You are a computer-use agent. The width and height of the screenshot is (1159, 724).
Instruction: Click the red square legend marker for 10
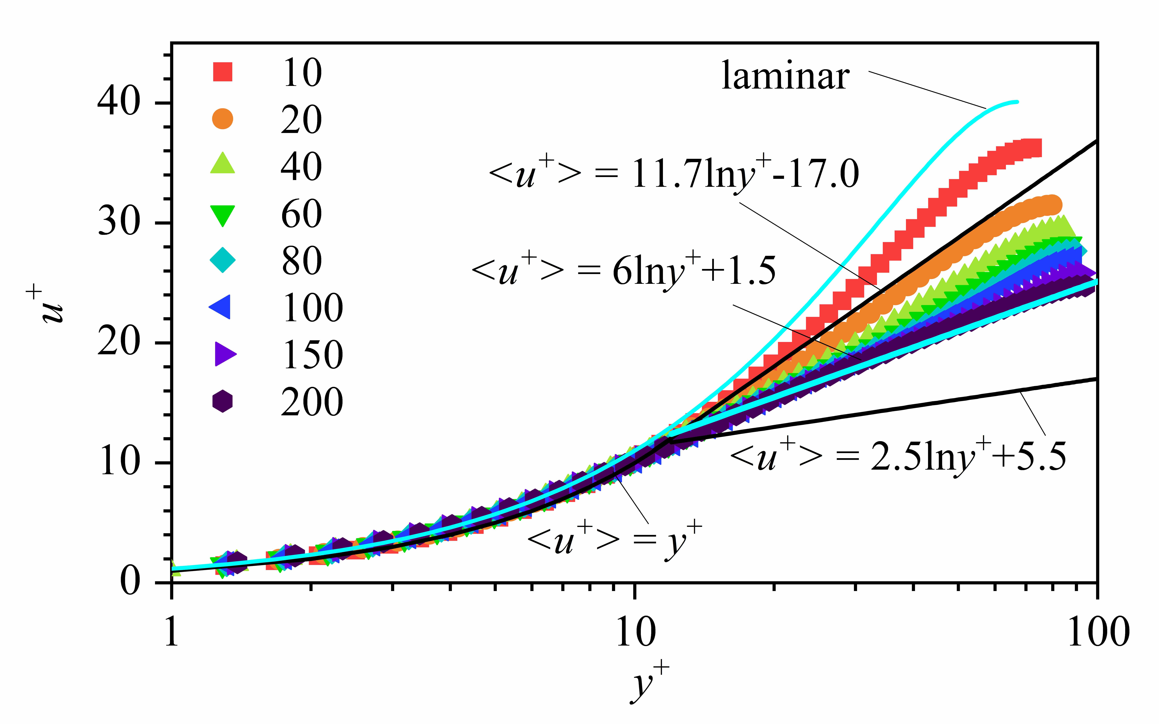[x=223, y=72]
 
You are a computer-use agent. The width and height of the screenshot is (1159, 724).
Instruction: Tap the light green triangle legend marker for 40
[x=223, y=164]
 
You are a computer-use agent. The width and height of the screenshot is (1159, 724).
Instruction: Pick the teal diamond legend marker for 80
[x=223, y=260]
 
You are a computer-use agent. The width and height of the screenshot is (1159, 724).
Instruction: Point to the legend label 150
[x=312, y=354]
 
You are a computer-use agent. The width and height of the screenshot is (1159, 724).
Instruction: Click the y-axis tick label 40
[x=119, y=102]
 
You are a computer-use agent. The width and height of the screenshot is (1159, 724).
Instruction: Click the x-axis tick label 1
[x=171, y=633]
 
